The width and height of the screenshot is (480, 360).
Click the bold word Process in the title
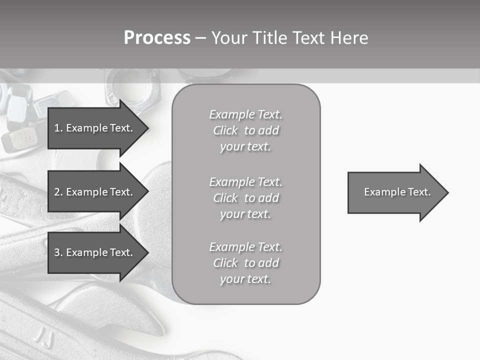pyautogui.click(x=157, y=38)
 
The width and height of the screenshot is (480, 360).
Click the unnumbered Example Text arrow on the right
pyautogui.click(x=397, y=192)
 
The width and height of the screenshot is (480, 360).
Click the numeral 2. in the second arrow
pyautogui.click(x=58, y=192)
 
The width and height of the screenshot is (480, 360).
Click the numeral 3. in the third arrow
pyautogui.click(x=58, y=252)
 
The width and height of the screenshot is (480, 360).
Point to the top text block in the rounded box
pyautogui.click(x=245, y=130)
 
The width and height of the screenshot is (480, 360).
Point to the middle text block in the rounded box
pyautogui.click(x=245, y=198)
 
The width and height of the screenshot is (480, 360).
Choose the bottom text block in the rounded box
pyautogui.click(x=245, y=263)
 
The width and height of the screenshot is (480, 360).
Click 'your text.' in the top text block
pyautogui.click(x=245, y=147)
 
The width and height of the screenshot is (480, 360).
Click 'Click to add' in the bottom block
pyautogui.click(x=245, y=263)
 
